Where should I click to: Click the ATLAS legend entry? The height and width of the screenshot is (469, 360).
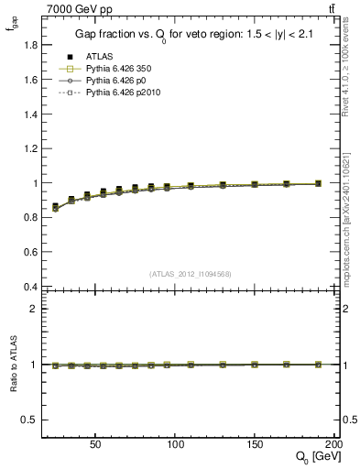pyautogui.click(x=99, y=57)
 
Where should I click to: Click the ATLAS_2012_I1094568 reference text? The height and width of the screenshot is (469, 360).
pyautogui.click(x=190, y=273)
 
